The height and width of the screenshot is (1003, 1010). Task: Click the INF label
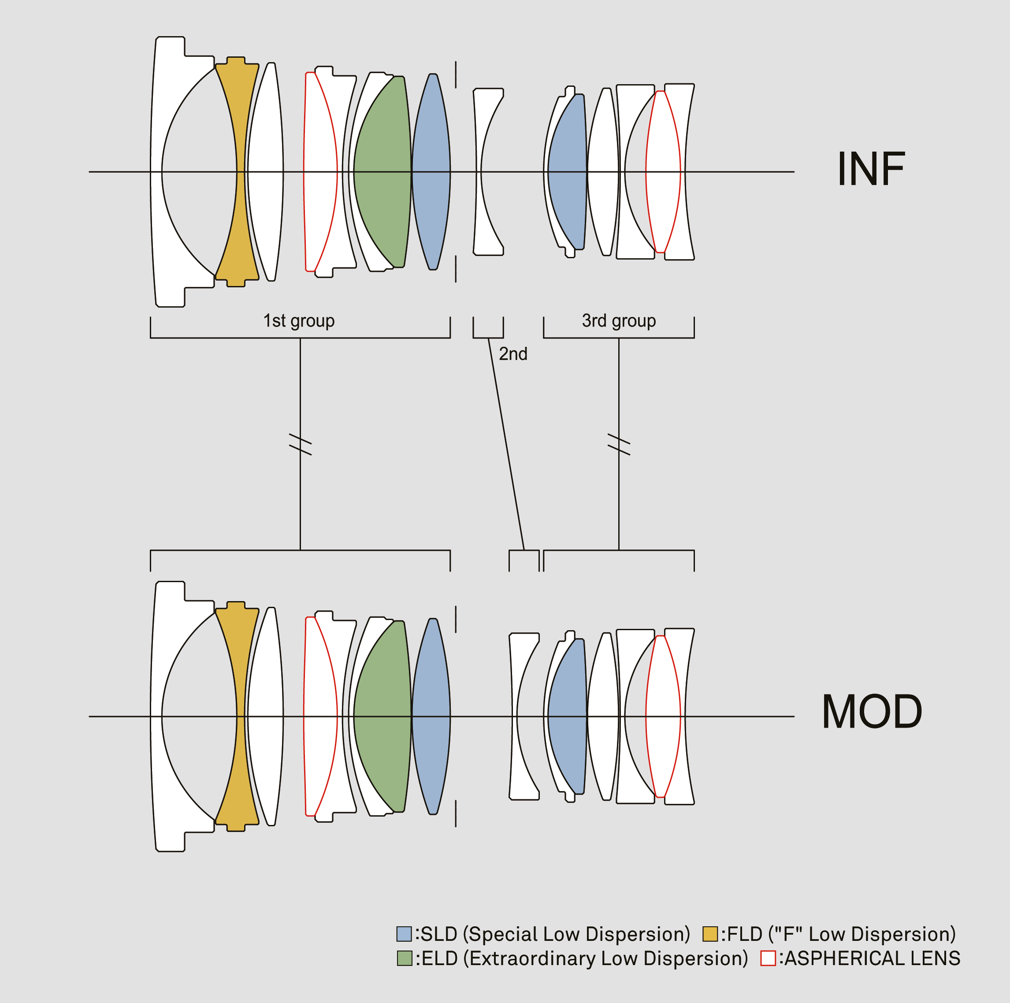point(870,169)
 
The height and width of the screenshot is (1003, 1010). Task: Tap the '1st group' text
point(298,320)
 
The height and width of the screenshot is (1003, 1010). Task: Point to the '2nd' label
point(512,354)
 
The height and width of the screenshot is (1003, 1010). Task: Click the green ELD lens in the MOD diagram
point(384,716)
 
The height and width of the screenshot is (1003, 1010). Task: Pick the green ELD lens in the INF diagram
point(384,171)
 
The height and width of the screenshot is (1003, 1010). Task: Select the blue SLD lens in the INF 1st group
point(431,171)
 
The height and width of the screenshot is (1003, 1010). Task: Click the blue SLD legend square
point(404,934)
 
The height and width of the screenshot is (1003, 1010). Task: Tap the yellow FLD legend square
point(709,934)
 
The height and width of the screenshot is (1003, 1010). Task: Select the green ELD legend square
point(404,958)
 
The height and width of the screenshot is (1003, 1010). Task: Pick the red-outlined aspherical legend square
point(768,958)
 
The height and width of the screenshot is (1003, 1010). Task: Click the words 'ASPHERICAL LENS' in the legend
point(872,958)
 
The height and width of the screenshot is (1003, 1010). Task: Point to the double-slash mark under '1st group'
point(300,444)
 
